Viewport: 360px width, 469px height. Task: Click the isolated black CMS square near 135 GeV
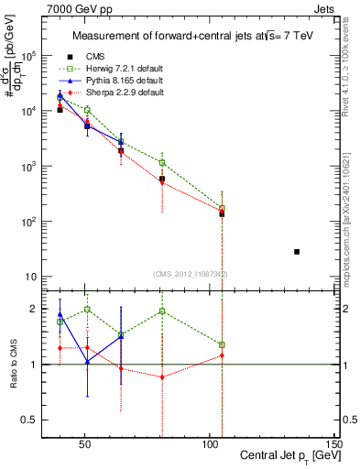coord(297,252)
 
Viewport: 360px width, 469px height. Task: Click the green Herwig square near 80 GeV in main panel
coord(162,163)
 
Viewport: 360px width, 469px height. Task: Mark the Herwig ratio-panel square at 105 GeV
coord(222,345)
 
